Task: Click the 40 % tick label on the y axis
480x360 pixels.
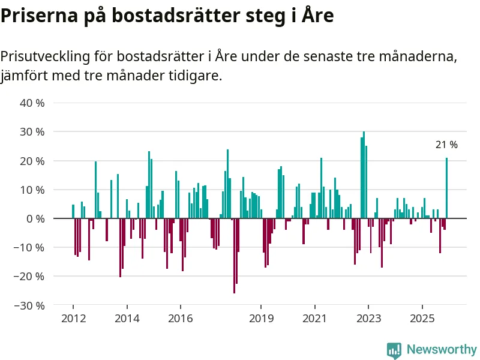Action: [32, 103]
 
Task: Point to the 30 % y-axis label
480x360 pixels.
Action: [32, 132]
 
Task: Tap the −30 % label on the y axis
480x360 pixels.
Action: [30, 305]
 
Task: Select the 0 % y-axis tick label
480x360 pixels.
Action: [35, 219]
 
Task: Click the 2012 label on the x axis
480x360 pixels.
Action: [73, 317]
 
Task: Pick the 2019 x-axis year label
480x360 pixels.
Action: [261, 317]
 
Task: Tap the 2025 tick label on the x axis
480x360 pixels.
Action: [422, 317]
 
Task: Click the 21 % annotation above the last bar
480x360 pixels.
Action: [446, 145]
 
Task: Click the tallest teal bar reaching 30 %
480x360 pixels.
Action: [364, 175]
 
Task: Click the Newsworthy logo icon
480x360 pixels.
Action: [394, 350]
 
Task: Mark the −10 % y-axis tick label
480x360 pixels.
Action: [30, 248]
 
